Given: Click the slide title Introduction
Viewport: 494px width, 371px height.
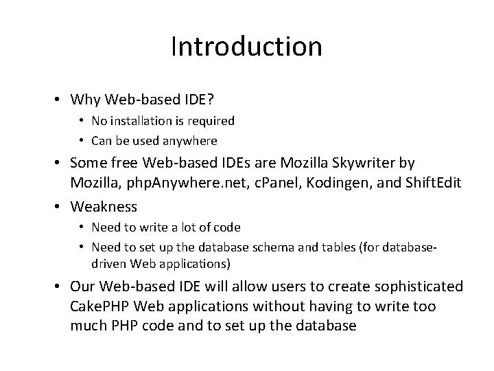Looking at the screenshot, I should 246,47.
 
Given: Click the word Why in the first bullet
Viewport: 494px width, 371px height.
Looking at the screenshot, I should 86,100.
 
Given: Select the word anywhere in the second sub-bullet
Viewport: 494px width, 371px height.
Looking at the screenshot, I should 189,140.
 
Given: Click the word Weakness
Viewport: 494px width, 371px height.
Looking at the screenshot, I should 104,206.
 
